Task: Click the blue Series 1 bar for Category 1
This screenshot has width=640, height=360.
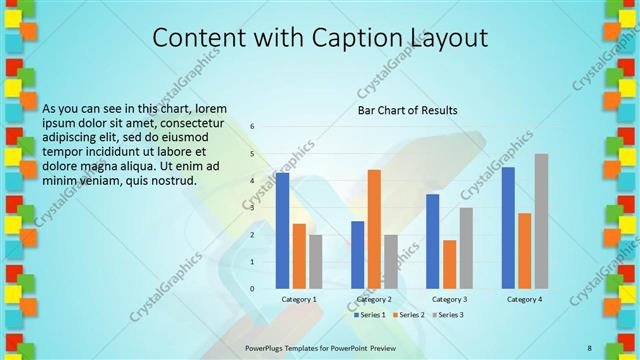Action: pos(283,231)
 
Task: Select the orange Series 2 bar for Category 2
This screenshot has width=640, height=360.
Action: pos(374,229)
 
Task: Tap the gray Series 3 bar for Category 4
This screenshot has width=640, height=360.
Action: pos(541,221)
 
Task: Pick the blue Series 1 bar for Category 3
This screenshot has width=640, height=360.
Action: pos(433,241)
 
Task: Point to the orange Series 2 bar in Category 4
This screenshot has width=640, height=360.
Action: pos(525,250)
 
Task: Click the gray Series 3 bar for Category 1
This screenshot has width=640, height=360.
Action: pos(316,261)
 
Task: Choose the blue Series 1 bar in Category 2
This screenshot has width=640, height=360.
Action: pos(358,254)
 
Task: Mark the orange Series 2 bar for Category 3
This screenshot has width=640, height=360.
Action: pos(449,264)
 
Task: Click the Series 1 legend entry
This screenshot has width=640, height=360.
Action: pos(372,314)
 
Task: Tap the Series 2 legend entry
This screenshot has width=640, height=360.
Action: pos(410,314)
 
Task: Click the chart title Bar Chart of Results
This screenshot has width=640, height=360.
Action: pos(408,110)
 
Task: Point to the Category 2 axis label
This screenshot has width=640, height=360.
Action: pos(373,299)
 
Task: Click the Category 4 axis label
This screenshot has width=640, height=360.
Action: pos(524,299)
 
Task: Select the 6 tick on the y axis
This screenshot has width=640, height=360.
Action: pos(253,127)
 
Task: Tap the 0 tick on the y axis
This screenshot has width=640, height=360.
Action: pos(253,288)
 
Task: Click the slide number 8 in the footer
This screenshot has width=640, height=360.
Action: pos(590,347)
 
